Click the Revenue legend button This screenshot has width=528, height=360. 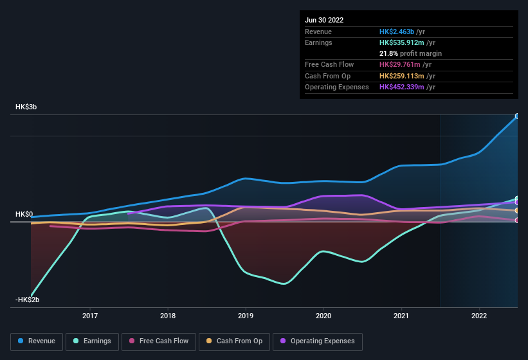click(37, 341)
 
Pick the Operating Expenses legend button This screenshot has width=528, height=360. click(318, 341)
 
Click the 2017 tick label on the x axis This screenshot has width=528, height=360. click(90, 316)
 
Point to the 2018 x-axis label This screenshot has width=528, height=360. click(168, 316)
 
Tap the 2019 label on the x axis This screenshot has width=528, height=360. click(246, 316)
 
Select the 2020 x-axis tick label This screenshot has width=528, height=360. click(323, 316)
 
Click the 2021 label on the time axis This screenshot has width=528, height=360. click(401, 316)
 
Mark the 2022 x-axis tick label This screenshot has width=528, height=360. click(479, 316)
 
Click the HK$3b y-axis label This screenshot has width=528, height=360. click(26, 107)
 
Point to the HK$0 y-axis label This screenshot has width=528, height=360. click(24, 214)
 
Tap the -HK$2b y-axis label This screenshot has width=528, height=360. click(28, 300)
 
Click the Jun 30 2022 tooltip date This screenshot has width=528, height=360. click(324, 20)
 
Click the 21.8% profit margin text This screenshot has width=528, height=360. click(410, 53)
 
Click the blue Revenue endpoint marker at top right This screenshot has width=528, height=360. click(517, 116)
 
